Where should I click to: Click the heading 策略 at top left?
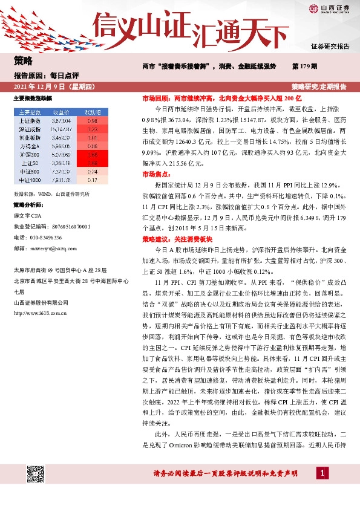23,60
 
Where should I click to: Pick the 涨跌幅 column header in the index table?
93,112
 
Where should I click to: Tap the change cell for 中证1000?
93,180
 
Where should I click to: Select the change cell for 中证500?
93,171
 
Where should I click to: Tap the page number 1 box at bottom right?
323,472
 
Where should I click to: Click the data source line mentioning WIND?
51,195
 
